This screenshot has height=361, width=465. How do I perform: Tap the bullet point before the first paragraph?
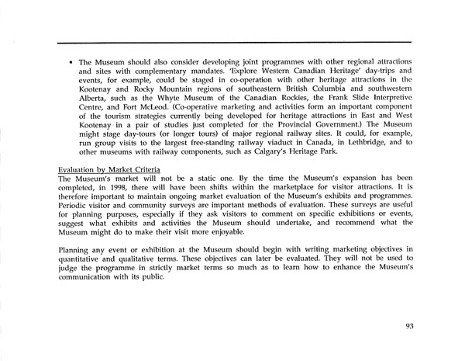tap(71, 60)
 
